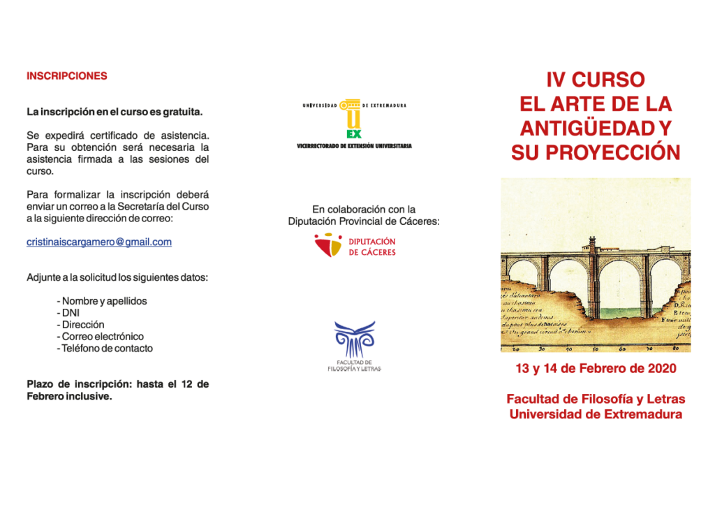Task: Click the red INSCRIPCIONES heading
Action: point(66,76)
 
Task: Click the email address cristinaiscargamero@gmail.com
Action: point(98,242)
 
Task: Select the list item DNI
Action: point(71,313)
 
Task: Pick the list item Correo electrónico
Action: point(103,337)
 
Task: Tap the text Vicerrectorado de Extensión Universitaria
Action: point(354,146)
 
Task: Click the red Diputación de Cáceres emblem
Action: point(327,246)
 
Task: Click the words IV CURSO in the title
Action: point(595,80)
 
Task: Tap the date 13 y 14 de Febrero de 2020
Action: point(596,368)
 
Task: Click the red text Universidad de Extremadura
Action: point(596,414)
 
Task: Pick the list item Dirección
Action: point(82,325)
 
